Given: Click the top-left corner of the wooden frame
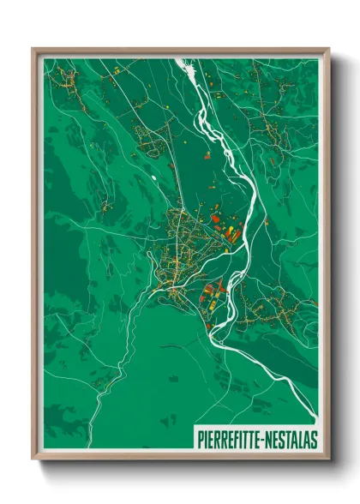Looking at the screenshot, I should [x=33, y=49].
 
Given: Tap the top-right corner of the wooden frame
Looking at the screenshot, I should [x=329, y=49].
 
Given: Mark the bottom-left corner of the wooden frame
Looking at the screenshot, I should [x=33, y=459].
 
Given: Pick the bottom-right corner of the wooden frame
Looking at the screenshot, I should [x=329, y=459].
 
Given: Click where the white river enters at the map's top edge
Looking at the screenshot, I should [x=182, y=61].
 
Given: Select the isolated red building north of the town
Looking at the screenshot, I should [x=206, y=156].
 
